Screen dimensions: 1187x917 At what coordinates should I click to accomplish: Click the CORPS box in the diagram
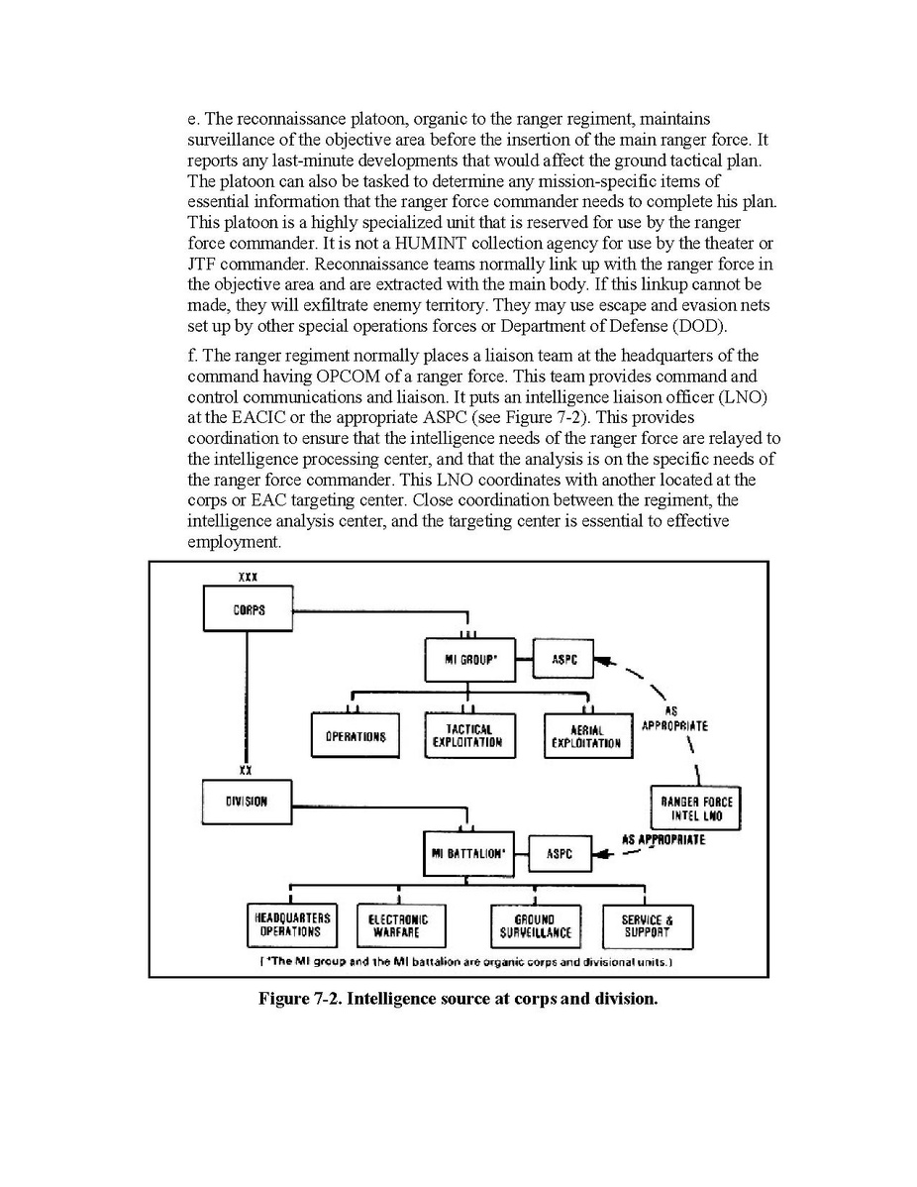(249, 609)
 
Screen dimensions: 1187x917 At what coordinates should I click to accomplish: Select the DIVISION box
(247, 801)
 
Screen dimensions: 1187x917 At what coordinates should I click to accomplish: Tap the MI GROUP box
(469, 659)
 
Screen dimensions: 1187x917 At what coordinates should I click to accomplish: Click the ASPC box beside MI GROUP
(563, 659)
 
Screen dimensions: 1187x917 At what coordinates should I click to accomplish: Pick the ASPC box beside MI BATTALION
(560, 853)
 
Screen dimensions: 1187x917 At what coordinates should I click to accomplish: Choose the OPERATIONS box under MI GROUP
(355, 736)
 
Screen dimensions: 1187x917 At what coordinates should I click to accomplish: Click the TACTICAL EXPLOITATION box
(468, 735)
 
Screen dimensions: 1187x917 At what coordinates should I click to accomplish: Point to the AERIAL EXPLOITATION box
(587, 736)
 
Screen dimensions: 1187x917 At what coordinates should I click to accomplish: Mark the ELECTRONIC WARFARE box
(398, 926)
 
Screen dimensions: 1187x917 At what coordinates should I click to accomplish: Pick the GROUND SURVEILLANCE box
(535, 926)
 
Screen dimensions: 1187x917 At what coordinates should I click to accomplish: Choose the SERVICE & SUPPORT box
(647, 926)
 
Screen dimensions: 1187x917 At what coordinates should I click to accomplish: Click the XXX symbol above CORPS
(249, 577)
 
